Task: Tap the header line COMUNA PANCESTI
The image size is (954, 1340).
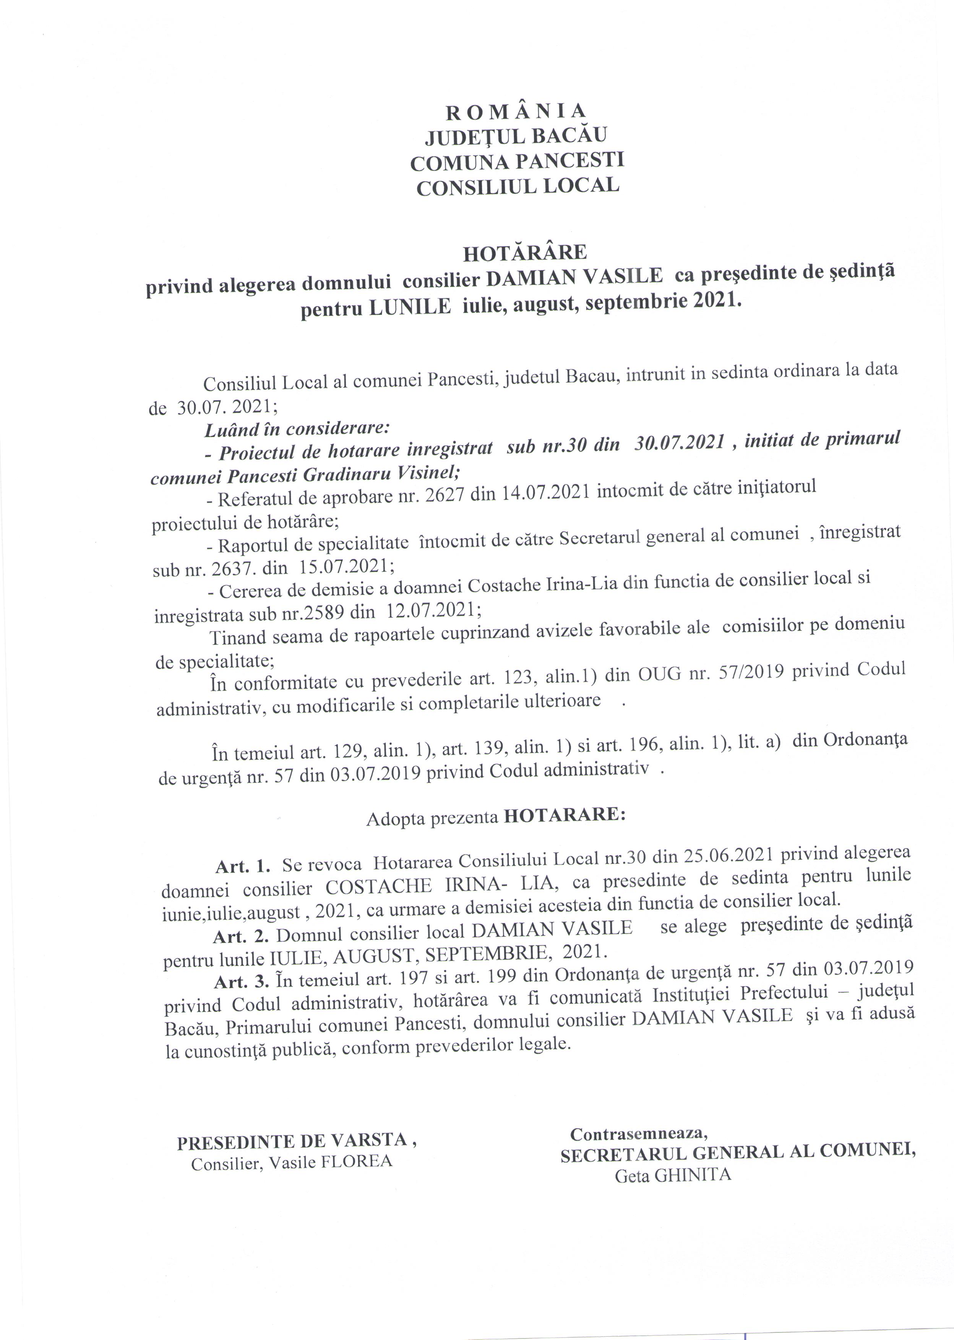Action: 517,162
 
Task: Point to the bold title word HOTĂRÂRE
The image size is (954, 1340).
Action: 524,253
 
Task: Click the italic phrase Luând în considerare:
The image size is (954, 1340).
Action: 297,430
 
